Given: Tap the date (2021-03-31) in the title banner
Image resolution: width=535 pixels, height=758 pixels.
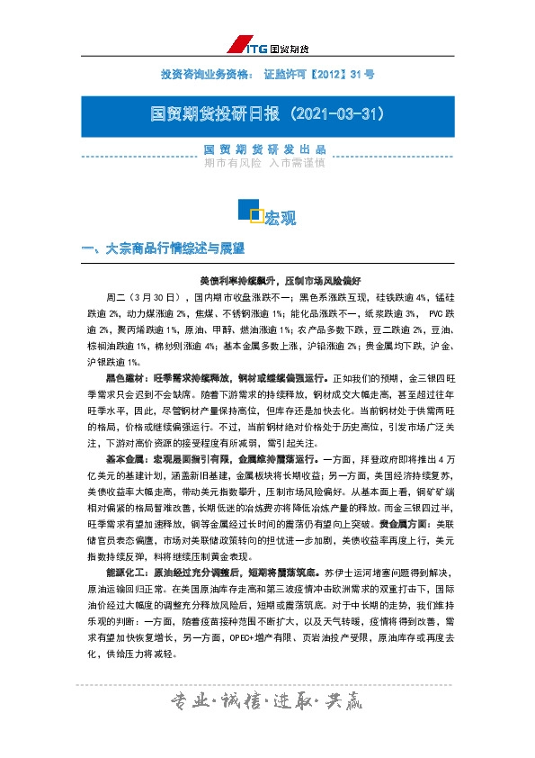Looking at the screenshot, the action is coord(331,115).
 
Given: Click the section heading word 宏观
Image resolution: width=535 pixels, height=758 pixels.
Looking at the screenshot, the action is coord(280,218).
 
